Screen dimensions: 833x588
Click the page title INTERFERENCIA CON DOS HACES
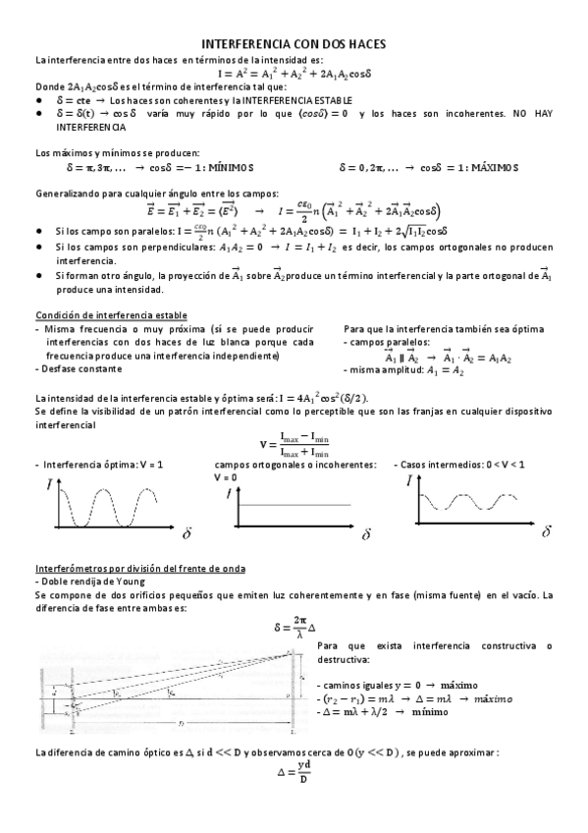(294, 45)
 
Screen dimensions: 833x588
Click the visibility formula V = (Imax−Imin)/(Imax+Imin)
(294, 444)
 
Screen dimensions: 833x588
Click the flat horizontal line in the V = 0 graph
(294, 505)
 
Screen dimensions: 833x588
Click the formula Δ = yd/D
(294, 773)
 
